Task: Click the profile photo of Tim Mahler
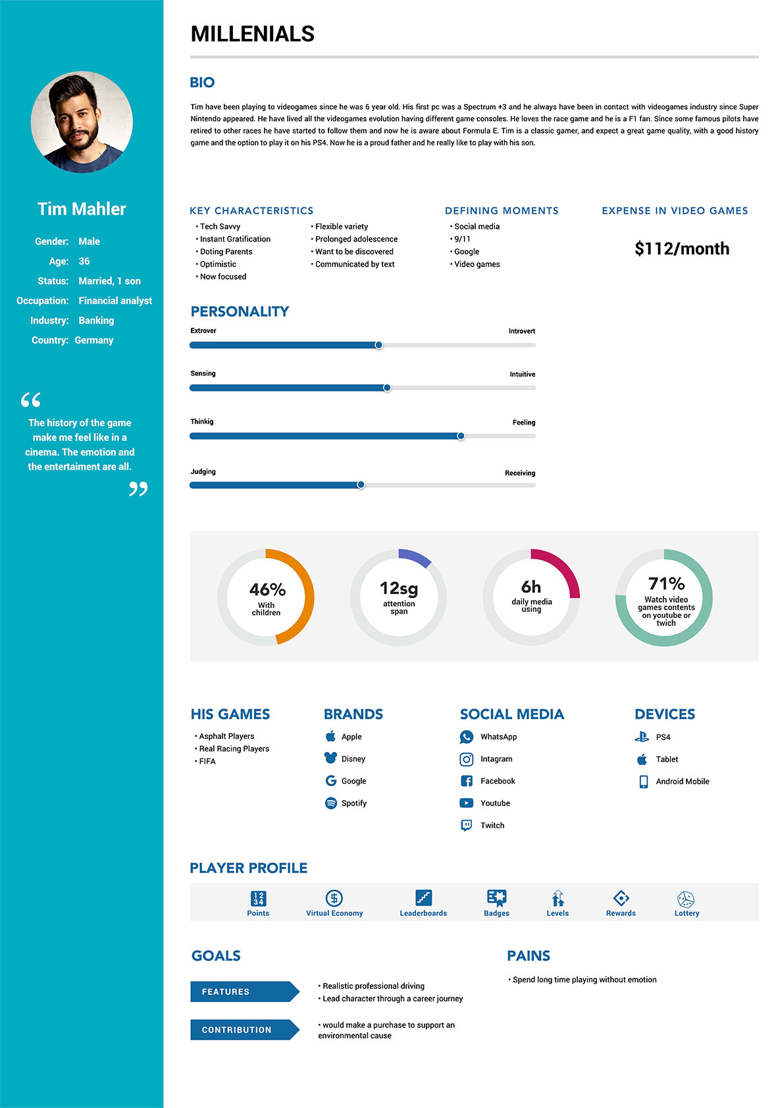[x=82, y=122]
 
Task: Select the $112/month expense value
[x=682, y=249]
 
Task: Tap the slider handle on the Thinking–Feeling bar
[x=461, y=436]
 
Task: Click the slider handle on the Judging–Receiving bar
[x=361, y=485]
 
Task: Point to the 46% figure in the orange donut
[x=267, y=589]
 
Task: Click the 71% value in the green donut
[x=666, y=584]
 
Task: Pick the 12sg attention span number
[x=399, y=588]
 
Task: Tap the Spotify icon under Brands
[x=331, y=803]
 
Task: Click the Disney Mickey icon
[x=330, y=758]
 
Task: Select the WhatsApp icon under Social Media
[x=466, y=737]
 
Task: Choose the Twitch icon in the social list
[x=466, y=825]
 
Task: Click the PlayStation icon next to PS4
[x=642, y=737]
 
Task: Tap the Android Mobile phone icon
[x=643, y=782]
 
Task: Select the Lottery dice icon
[x=686, y=898]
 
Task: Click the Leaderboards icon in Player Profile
[x=423, y=897]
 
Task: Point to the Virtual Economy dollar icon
[x=334, y=897]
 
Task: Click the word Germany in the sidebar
[x=94, y=340]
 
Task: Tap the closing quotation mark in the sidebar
[x=138, y=489]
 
